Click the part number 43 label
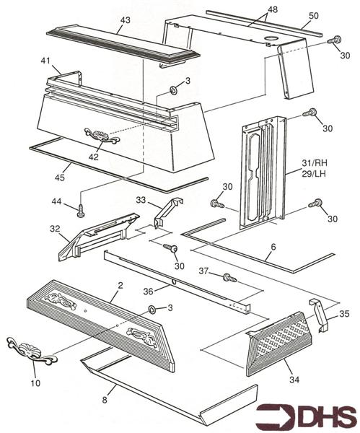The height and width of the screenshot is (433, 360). (125, 22)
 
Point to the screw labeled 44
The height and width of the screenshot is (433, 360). (80, 211)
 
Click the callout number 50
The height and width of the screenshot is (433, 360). (313, 15)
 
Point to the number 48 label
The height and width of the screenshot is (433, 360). (252, 9)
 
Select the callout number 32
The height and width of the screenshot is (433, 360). (54, 229)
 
